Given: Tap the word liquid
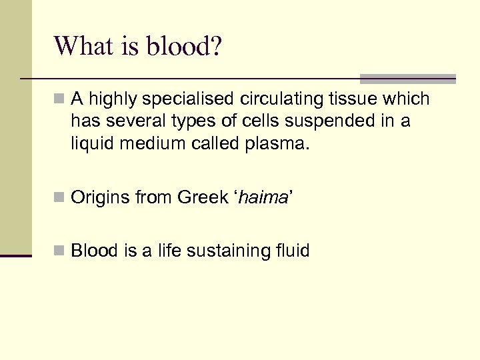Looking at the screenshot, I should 91,142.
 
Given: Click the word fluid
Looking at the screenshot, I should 293,251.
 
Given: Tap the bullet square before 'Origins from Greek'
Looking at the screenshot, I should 60,198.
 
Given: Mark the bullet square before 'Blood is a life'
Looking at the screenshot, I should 60,251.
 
